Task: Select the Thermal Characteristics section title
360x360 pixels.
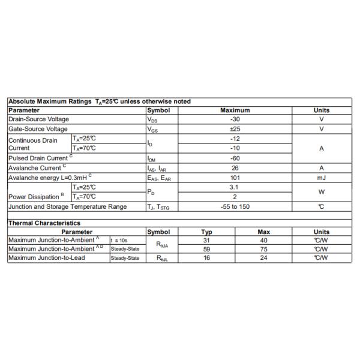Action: click(44, 223)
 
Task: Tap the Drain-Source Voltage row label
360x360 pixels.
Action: click(38, 119)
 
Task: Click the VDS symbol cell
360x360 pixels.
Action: click(153, 120)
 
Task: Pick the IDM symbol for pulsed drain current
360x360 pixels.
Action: click(152, 158)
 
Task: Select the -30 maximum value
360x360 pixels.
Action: click(235, 119)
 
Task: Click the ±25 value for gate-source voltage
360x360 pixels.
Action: click(235, 129)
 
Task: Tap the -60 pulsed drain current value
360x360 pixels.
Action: click(235, 158)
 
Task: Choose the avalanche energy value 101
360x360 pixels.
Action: click(235, 178)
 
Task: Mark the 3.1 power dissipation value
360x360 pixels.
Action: click(235, 187)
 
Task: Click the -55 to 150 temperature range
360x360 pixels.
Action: click(235, 207)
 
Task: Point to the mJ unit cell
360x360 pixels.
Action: click(321, 178)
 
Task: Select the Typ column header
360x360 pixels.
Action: click(206, 232)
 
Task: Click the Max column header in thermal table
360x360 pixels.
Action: click(264, 232)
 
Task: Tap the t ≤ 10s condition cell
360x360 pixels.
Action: click(119, 240)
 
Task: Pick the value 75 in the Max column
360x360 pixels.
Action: click(264, 248)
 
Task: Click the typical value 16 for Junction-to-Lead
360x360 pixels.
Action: click(206, 257)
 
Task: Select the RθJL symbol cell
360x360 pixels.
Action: click(162, 258)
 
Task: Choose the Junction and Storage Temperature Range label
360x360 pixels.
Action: click(67, 207)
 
